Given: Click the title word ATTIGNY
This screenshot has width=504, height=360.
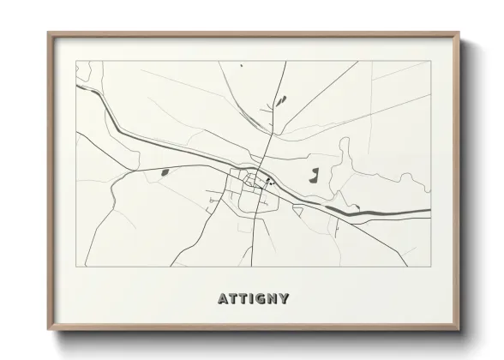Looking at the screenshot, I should (253, 299).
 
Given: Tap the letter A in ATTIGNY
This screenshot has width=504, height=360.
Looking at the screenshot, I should (223, 299).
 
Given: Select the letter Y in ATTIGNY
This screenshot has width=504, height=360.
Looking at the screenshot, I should (284, 299).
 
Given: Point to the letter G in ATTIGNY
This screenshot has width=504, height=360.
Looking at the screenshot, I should (259, 299).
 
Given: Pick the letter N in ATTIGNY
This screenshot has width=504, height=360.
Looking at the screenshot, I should (272, 299).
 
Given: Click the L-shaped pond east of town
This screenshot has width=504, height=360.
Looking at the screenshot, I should (314, 177).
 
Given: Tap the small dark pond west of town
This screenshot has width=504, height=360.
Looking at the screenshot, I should (164, 172).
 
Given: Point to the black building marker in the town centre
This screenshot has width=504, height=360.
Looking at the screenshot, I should (268, 180).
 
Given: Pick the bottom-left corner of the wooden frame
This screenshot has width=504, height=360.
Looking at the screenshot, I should (49, 330).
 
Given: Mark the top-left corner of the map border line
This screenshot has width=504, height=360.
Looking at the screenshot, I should (76, 61).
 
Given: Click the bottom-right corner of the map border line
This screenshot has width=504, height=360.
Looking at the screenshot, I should (430, 267).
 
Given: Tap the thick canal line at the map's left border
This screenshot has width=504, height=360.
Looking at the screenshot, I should (78, 87).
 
